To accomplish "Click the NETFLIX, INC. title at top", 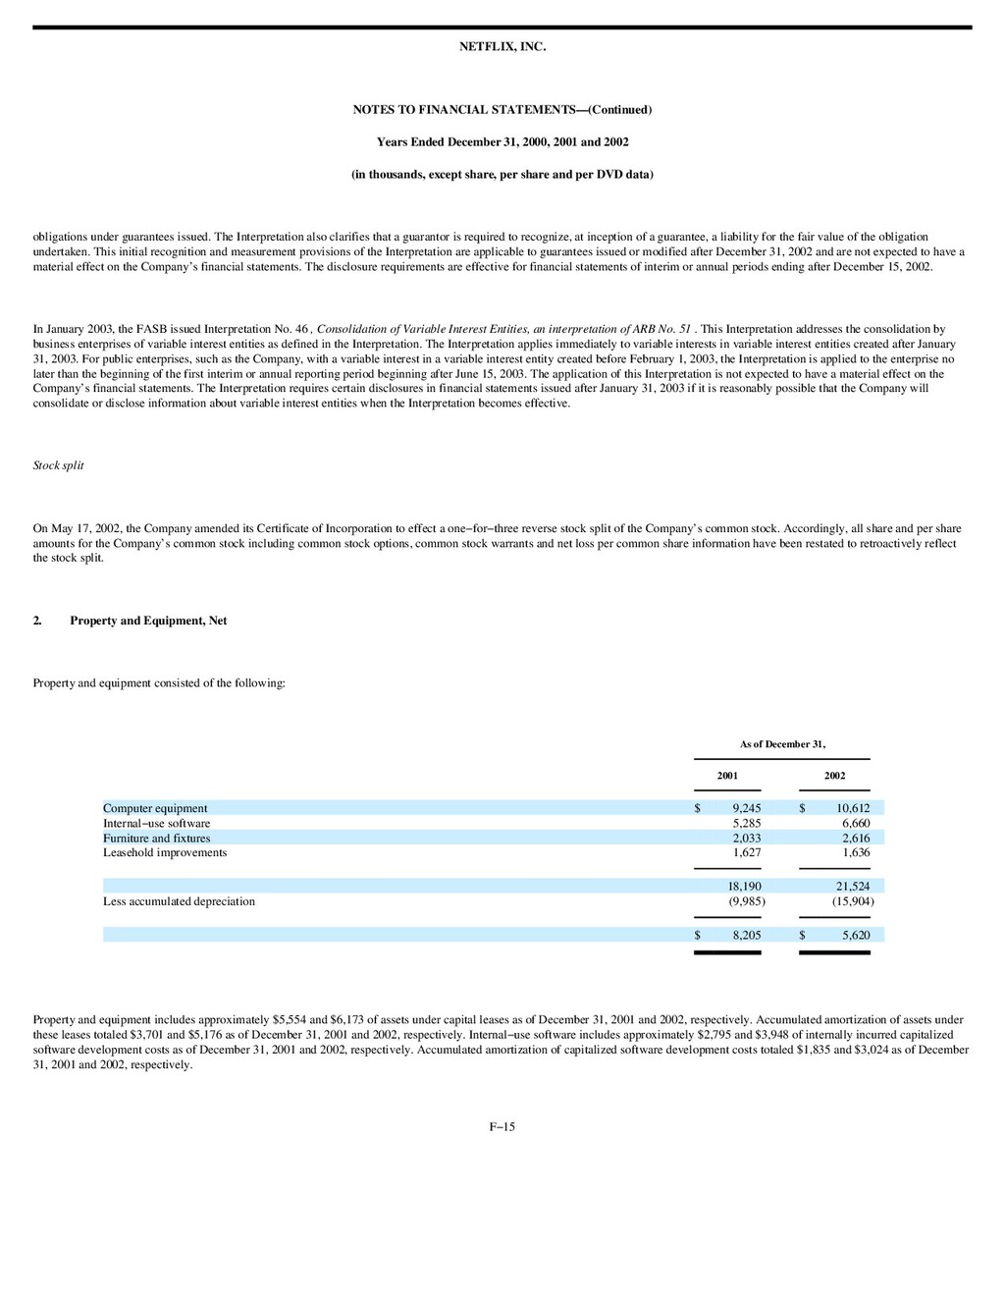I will tap(502, 47).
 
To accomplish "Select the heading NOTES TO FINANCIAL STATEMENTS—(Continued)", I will tap(502, 110).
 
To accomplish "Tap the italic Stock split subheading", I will tap(58, 465).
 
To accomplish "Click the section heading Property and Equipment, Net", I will tap(148, 621).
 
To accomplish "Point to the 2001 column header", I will tap(727, 776).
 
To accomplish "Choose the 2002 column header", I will tap(834, 776).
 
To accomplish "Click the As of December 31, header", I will tap(782, 744).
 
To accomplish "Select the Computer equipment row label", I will tap(155, 809).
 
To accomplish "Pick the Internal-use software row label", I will tap(156, 824).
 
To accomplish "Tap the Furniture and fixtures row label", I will tap(156, 839).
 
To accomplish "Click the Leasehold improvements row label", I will tap(165, 852).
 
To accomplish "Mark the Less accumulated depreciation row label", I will tap(179, 901).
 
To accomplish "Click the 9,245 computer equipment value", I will tap(747, 809).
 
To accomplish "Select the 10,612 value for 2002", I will tap(853, 809).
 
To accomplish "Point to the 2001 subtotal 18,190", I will tap(744, 887).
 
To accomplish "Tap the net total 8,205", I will tap(747, 936).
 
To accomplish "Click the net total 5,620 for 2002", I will tap(856, 936).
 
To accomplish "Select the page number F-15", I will tap(502, 1127).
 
